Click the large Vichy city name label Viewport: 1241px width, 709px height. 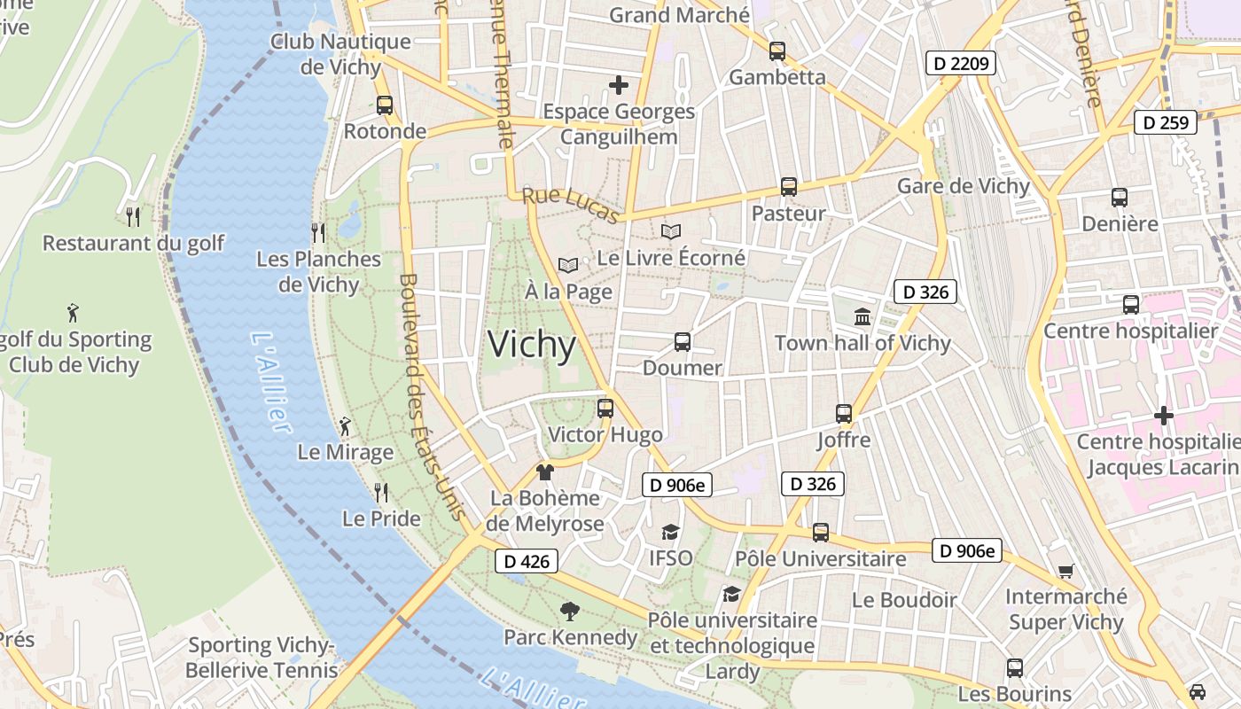pyautogui.click(x=532, y=345)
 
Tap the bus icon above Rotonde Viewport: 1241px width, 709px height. pyautogui.click(x=385, y=105)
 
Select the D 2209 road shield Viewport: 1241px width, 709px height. pyautogui.click(x=961, y=63)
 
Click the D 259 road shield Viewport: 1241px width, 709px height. pyautogui.click(x=1166, y=122)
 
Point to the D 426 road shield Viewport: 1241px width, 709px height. pyautogui.click(x=526, y=561)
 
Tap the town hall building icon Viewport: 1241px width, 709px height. pyautogui.click(x=862, y=316)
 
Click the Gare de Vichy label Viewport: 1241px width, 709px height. pyautogui.click(x=964, y=186)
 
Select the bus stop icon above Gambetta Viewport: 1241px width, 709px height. pyautogui.click(x=777, y=51)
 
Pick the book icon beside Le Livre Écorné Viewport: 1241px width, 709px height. pyautogui.click(x=671, y=232)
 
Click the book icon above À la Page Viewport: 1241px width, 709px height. pyautogui.click(x=568, y=265)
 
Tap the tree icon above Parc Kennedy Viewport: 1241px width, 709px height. pyautogui.click(x=570, y=611)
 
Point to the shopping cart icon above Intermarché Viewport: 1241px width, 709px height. pyautogui.click(x=1065, y=571)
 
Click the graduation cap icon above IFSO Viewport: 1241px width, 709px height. pyautogui.click(x=670, y=532)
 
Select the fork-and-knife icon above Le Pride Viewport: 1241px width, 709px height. pyautogui.click(x=381, y=492)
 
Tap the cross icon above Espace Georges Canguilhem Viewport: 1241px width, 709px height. pyautogui.click(x=619, y=85)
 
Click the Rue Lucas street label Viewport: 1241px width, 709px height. pyautogui.click(x=570, y=206)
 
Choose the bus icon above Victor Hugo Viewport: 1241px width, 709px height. pyautogui.click(x=605, y=409)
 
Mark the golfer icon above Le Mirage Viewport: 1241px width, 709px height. pyautogui.click(x=345, y=427)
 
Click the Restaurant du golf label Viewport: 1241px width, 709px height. pyautogui.click(x=133, y=243)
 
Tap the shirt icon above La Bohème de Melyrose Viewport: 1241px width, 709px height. pyautogui.click(x=544, y=472)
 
